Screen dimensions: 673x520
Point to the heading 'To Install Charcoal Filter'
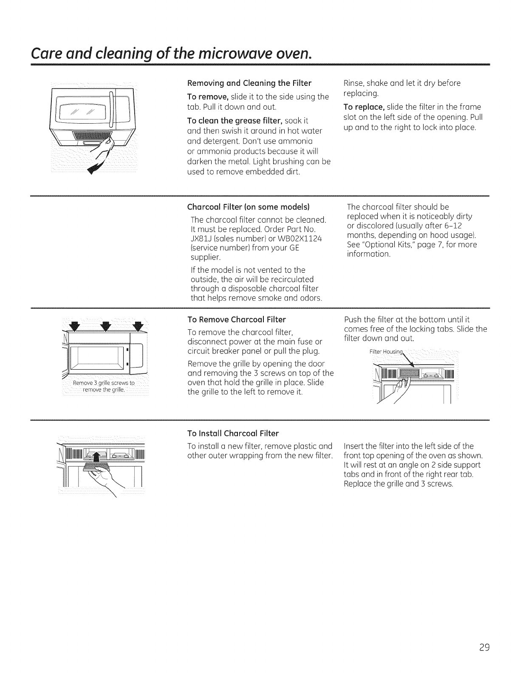click(x=233, y=433)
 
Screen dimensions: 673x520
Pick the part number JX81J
click(x=200, y=239)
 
